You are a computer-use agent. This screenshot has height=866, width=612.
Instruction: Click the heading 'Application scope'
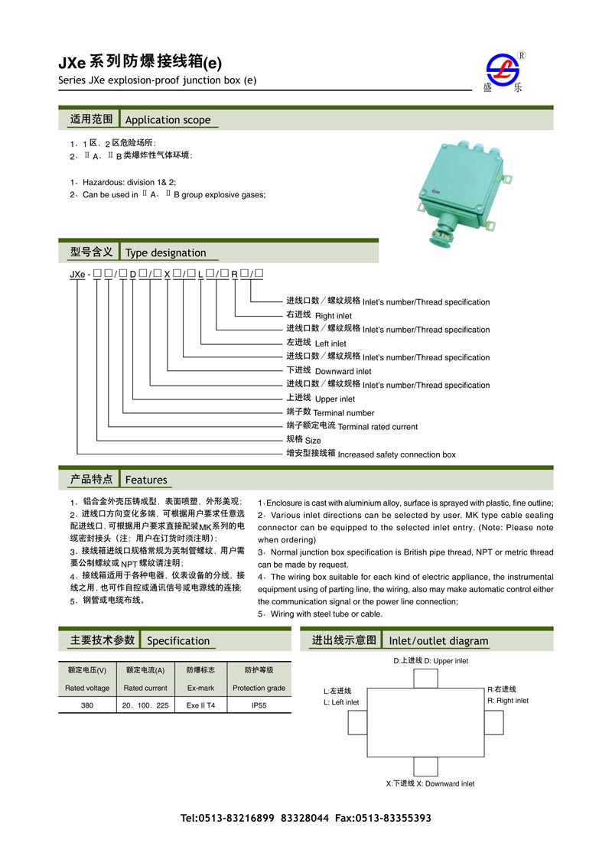168,120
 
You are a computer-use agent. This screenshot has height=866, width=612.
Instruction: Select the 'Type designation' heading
166,253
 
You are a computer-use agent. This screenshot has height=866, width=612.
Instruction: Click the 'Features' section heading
146,480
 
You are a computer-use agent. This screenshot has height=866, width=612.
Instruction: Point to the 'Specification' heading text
178,641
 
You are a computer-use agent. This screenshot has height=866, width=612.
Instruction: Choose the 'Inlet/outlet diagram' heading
438,641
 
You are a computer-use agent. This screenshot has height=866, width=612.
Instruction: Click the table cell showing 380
87,705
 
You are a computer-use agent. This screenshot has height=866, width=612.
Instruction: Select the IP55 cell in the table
259,705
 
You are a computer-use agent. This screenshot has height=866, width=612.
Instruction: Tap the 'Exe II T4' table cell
201,705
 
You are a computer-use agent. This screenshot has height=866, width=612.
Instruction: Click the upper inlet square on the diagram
426,679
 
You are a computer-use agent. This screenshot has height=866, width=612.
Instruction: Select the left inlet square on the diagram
357,723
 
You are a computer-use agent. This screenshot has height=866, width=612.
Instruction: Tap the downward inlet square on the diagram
426,767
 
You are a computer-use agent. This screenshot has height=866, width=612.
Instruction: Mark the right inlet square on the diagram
496,723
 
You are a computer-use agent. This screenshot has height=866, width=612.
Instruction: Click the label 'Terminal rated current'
378,427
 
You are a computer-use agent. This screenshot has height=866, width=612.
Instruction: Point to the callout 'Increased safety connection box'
396,454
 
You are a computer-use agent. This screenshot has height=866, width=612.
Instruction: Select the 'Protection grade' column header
259,688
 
